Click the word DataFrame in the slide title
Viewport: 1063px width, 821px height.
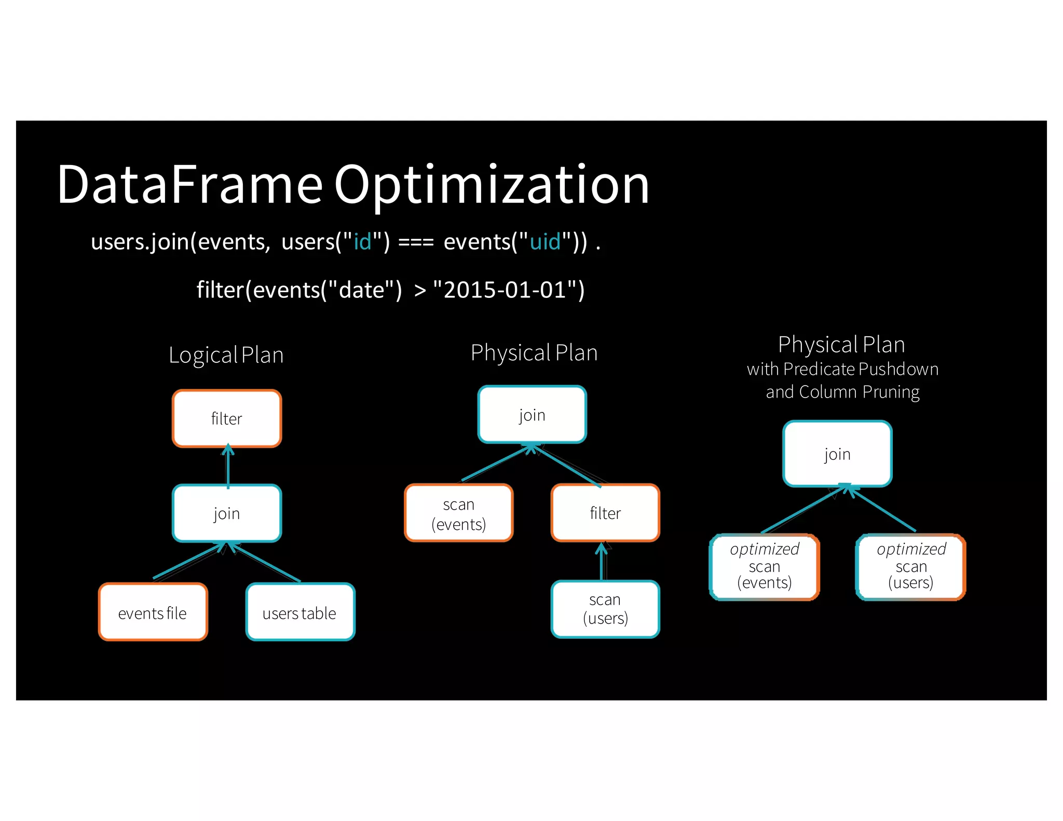pos(190,185)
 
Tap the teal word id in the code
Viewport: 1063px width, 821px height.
pos(362,242)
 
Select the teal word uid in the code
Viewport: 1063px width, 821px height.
pos(545,242)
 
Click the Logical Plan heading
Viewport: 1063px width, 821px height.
pos(226,355)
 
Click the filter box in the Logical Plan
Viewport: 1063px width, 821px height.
pos(227,418)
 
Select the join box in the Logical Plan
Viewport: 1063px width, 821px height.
pos(227,513)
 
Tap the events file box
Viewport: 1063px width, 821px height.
pos(153,612)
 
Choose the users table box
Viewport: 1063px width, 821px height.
pos(300,612)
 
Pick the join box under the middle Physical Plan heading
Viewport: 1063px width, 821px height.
pos(532,415)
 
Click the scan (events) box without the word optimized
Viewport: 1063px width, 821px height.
pos(459,513)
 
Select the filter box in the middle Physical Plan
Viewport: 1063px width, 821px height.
pos(605,513)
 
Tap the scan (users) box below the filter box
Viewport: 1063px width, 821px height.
pos(605,609)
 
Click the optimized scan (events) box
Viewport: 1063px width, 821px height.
pos(765,566)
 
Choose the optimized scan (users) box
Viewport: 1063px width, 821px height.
pos(911,566)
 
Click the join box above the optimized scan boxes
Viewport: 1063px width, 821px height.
pos(837,454)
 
